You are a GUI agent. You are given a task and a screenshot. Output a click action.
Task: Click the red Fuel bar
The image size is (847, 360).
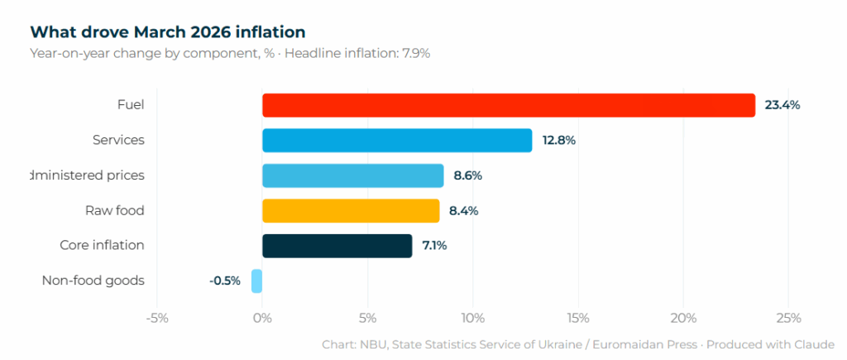tap(509, 105)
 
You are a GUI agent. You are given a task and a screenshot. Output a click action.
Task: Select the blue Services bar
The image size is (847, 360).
tap(397, 141)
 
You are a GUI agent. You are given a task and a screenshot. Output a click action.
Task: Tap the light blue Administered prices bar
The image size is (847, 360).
tap(353, 175)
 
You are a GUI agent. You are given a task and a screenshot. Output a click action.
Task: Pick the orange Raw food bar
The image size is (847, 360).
tap(351, 211)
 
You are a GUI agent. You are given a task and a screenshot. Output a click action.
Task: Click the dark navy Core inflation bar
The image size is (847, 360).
tap(337, 246)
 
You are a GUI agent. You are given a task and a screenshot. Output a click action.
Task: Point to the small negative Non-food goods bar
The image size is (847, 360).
tap(257, 281)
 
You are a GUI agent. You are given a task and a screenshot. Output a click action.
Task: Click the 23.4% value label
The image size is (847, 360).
tap(782, 105)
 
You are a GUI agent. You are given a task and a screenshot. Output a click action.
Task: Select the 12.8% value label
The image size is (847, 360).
tap(559, 141)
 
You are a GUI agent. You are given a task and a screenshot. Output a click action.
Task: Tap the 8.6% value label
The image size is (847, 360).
tap(467, 175)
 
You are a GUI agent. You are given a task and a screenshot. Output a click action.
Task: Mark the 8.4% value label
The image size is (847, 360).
tap(463, 211)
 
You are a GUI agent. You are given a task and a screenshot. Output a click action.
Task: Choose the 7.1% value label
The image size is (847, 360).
tap(435, 246)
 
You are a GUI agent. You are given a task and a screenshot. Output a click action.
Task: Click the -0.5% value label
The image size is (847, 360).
tap(224, 281)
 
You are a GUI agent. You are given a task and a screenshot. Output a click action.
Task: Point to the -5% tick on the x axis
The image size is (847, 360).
tap(157, 318)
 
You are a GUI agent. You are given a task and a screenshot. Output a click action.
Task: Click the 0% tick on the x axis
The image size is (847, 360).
tap(262, 318)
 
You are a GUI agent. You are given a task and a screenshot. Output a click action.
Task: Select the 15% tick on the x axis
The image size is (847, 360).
tap(577, 318)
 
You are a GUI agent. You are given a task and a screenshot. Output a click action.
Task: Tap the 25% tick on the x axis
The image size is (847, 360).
tap(787, 318)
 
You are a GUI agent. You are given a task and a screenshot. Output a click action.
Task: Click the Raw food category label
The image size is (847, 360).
tap(114, 211)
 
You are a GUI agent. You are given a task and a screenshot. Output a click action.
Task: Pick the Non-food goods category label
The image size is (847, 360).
tap(93, 281)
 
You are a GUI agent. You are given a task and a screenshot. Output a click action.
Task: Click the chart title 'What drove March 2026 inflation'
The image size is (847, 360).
tap(168, 32)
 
